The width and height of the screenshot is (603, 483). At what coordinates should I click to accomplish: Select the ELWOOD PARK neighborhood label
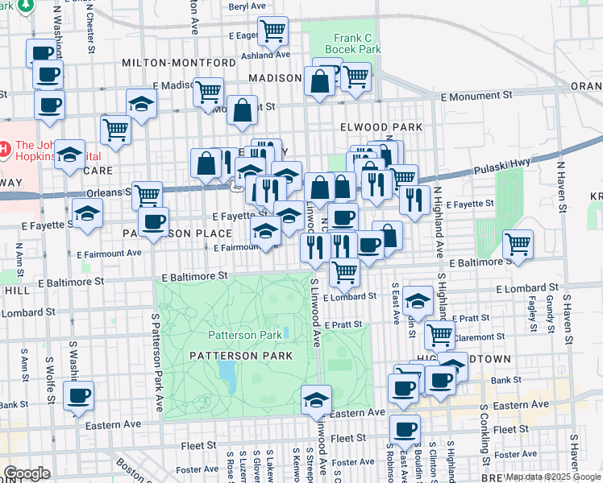coord(381,127)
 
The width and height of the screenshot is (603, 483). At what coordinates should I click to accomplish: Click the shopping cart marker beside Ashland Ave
coord(272,31)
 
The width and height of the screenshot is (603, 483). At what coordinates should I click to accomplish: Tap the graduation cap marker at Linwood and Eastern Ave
coord(317,399)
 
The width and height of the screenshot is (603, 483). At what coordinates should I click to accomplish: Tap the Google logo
coord(27,473)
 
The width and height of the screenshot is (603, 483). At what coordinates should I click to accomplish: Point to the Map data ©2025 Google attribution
coord(552,477)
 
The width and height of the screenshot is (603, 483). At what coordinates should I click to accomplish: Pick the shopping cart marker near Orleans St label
coord(147,195)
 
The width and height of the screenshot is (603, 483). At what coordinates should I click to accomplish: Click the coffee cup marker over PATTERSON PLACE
coord(152,222)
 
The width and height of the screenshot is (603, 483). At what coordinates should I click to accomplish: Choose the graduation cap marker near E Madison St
coord(141,104)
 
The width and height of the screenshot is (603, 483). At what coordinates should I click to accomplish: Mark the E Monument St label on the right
coord(472,96)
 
